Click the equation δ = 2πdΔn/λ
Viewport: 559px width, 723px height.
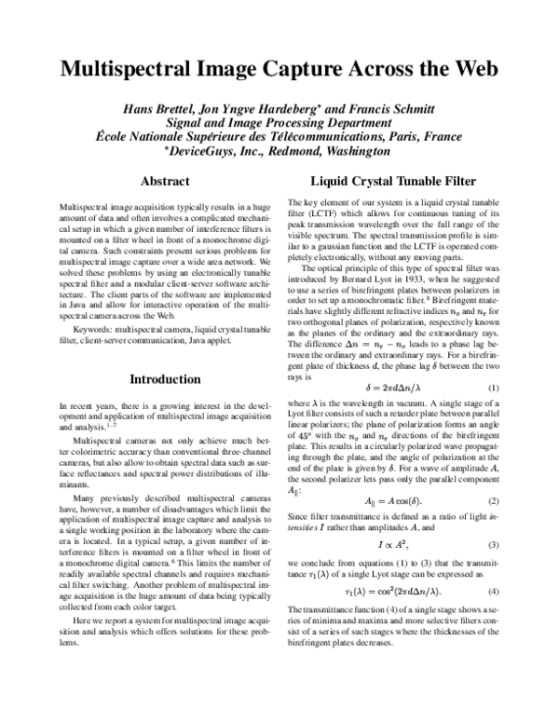pos(381,387)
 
